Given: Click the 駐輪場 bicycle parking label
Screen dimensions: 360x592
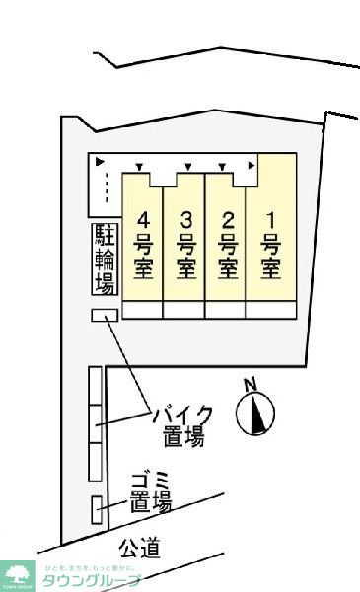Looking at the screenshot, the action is click(x=105, y=260).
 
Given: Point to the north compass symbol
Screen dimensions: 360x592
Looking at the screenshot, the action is click(x=255, y=413).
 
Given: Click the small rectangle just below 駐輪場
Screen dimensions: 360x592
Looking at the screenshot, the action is click(x=104, y=315).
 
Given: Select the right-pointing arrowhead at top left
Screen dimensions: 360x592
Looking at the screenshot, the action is click(x=99, y=161).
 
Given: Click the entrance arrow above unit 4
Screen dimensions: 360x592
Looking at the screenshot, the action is click(x=139, y=165).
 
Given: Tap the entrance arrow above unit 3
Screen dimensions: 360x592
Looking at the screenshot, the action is click(x=181, y=165).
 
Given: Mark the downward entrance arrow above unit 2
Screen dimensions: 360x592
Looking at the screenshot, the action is click(x=223, y=165).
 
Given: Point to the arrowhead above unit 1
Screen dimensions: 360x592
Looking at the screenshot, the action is click(x=253, y=165).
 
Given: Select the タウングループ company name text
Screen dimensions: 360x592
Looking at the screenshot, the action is click(x=90, y=579).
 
